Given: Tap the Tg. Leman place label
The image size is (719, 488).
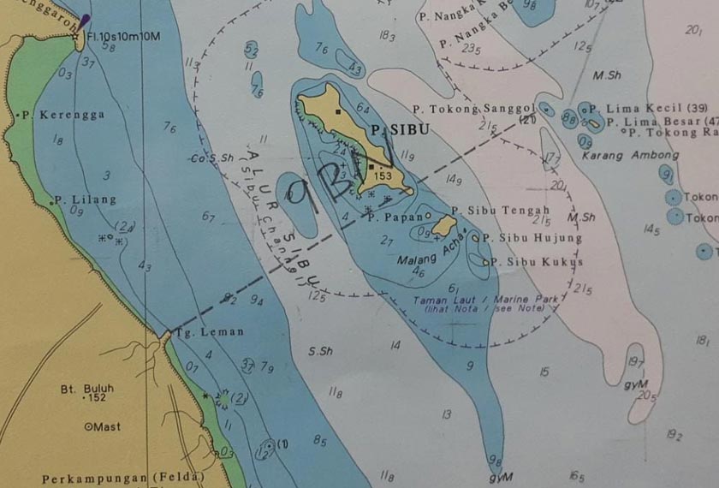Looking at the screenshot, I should (210, 332).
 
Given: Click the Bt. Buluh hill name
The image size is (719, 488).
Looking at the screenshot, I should (86, 388).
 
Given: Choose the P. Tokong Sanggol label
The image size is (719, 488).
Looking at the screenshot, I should (473, 110).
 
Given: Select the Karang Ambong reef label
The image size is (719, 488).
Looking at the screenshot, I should (629, 156).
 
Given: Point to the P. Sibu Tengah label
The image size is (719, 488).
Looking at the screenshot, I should (501, 211).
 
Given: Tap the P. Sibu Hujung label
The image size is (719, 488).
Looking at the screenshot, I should (532, 238).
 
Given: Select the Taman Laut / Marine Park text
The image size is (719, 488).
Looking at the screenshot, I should (485, 300).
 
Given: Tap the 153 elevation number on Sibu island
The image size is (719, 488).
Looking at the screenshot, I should (383, 176).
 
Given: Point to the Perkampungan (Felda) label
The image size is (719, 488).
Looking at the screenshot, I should (125, 477).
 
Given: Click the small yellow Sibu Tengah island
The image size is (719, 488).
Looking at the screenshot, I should (443, 225).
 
